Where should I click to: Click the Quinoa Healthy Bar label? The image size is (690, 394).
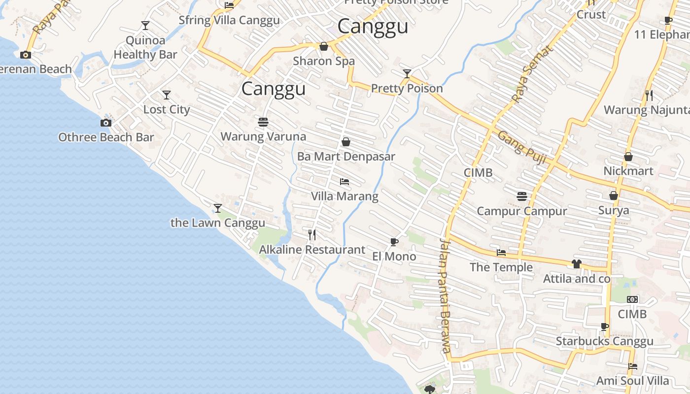coord(145,47)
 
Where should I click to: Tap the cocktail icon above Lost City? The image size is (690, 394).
coord(167,95)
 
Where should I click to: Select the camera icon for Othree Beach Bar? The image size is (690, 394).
coord(106,123)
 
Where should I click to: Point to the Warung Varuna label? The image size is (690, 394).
coord(263,136)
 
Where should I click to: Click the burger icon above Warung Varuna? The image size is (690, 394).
coord(263,122)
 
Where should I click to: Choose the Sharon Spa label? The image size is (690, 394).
coord(324,61)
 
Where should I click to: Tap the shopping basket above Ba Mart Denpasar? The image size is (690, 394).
coord(346,142)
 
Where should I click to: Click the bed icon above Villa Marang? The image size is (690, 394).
coord(345,182)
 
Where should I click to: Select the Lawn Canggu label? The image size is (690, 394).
coord(218,223)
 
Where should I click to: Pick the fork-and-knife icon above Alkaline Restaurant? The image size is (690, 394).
coord(312,234)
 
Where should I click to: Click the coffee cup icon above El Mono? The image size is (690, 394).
coord(394,241)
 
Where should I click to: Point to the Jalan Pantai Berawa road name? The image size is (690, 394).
coord(445,295)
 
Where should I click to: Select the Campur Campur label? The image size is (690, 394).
coord(522,211)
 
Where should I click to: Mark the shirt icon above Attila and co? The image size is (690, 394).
coord(576,264)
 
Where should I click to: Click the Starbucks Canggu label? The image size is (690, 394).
coord(605,341)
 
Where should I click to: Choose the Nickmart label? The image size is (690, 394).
coord(628,171)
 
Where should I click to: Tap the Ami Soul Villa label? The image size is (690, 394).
coord(633,381)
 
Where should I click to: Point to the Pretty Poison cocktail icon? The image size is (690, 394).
coord(407,74)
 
